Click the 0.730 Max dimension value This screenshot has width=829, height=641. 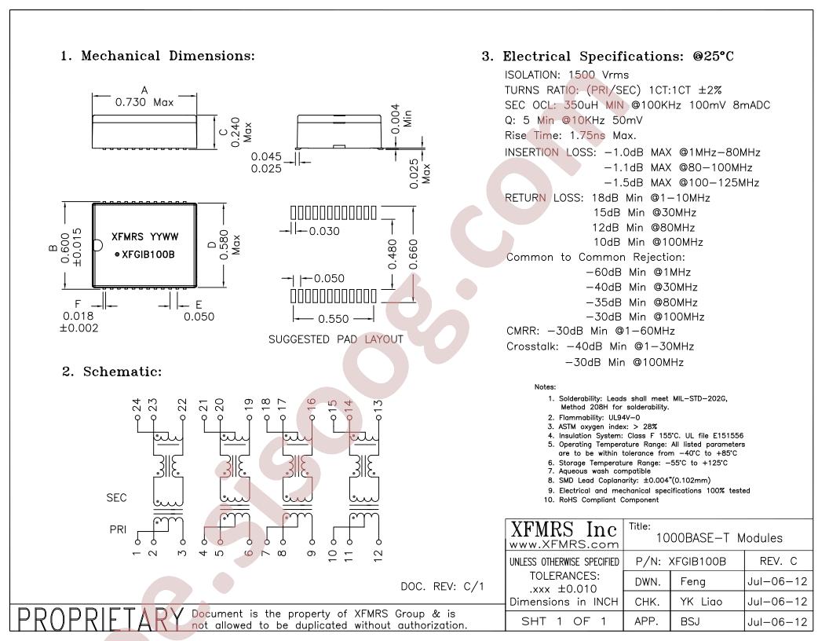144,102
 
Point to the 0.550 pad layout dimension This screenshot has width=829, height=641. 333,319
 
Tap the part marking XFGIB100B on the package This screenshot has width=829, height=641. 148,255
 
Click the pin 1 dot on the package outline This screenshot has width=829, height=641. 118,255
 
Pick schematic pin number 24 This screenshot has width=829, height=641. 137,405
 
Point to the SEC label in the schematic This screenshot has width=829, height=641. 116,498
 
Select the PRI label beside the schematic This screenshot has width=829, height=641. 118,529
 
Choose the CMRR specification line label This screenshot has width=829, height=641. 522,331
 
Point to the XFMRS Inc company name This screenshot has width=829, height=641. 564,529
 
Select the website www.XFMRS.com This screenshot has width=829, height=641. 564,544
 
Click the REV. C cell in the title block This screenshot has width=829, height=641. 778,561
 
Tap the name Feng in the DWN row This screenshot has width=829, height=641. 692,582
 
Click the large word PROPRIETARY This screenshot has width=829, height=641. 100,619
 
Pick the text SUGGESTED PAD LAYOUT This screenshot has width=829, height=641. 336,339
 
